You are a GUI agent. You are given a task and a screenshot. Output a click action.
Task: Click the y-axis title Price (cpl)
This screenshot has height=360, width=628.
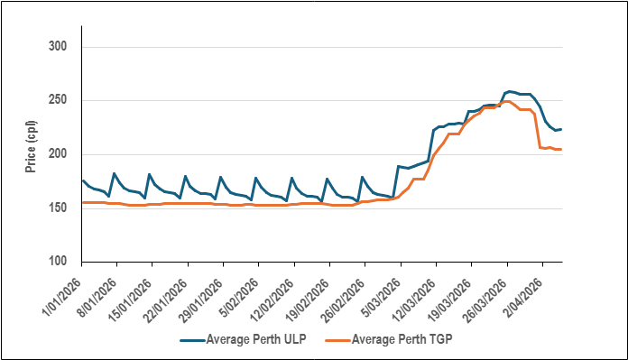point(31,146)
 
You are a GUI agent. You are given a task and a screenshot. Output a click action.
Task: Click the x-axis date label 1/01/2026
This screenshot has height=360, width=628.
point(61,291)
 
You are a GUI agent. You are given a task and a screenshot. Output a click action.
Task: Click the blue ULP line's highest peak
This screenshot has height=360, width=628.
point(511,91)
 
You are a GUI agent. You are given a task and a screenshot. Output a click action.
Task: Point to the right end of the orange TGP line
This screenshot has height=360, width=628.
point(561,149)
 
